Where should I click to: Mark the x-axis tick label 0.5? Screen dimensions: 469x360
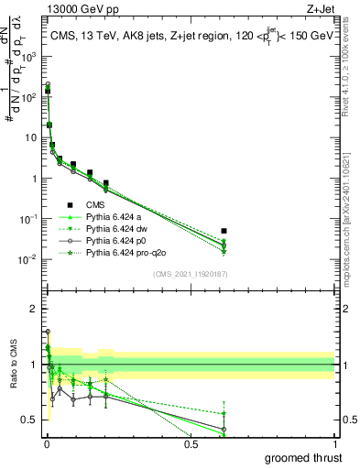point(191,443)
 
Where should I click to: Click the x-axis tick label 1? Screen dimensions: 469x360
point(334,443)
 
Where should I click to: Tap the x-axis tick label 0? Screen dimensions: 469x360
point(47,443)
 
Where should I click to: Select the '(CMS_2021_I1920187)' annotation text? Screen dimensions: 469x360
point(190,273)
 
